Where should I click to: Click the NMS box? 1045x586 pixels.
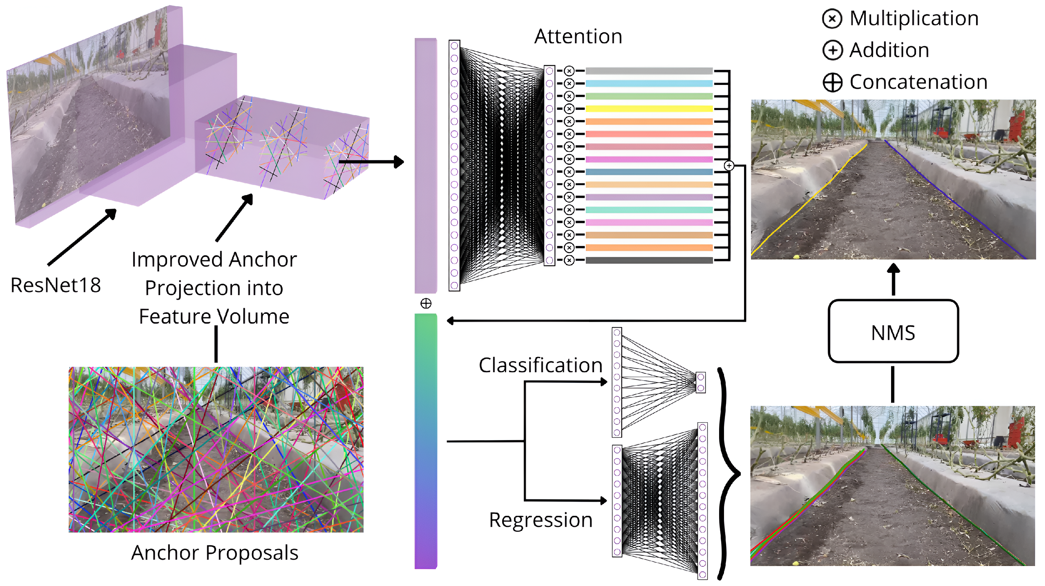[893, 332]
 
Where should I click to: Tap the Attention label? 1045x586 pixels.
[578, 36]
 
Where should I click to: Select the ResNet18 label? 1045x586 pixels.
[55, 285]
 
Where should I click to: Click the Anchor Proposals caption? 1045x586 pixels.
[215, 553]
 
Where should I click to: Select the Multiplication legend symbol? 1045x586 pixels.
[832, 19]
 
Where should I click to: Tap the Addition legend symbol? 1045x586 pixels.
[832, 51]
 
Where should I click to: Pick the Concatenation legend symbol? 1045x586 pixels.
[832, 82]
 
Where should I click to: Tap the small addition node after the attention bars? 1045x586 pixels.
[729, 166]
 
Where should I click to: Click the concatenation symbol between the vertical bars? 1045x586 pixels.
[426, 304]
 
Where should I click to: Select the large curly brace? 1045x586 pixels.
[726, 473]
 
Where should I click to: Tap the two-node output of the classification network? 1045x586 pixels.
[701, 383]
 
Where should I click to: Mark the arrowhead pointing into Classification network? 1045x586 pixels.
[603, 381]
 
